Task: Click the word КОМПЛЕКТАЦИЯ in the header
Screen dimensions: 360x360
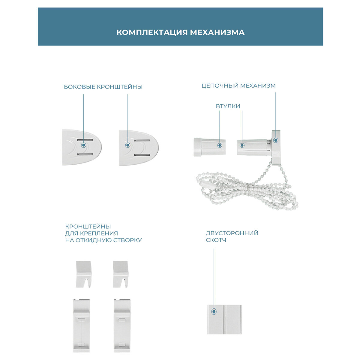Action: [x=152, y=32]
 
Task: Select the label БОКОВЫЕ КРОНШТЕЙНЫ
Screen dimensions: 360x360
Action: [x=103, y=87]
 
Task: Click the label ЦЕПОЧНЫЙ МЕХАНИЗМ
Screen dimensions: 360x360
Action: [x=238, y=86]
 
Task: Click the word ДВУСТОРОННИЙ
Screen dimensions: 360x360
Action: [x=232, y=233]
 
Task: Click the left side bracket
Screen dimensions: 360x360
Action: [x=82, y=147]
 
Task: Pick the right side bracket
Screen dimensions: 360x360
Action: [x=138, y=147]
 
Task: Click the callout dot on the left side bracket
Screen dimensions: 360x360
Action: [x=84, y=145]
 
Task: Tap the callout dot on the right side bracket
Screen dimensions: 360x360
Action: [x=128, y=145]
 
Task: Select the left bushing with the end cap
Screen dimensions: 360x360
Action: [x=209, y=146]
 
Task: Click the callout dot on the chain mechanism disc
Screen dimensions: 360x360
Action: [x=276, y=140]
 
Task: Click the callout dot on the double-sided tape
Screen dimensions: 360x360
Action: [x=214, y=312]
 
